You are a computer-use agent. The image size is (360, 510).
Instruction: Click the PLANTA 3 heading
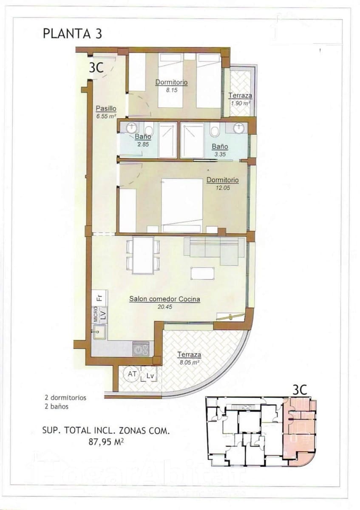tap(72, 34)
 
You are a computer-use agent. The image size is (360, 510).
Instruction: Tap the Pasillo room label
tap(106, 108)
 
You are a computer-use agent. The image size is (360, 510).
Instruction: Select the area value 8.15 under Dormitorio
tap(171, 90)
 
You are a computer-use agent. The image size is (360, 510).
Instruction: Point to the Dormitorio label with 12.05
tap(222, 180)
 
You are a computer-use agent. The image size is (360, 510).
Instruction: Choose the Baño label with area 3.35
tap(220, 147)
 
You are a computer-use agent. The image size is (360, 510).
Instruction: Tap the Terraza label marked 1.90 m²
tap(240, 96)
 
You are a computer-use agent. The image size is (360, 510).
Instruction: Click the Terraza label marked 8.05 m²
tap(189, 354)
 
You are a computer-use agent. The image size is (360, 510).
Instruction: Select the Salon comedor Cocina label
tap(164, 299)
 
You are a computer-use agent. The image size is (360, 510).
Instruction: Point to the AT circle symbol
tap(131, 374)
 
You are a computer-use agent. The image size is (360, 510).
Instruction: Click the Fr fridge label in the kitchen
tap(99, 297)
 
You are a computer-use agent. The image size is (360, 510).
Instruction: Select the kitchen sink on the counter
tap(99, 332)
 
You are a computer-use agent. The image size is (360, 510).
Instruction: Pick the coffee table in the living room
tap(202, 273)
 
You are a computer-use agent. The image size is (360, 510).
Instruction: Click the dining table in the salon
tap(143, 255)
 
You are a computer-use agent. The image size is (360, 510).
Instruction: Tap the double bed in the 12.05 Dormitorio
tap(182, 205)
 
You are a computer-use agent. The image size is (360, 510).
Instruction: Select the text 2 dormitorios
tap(65, 398)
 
